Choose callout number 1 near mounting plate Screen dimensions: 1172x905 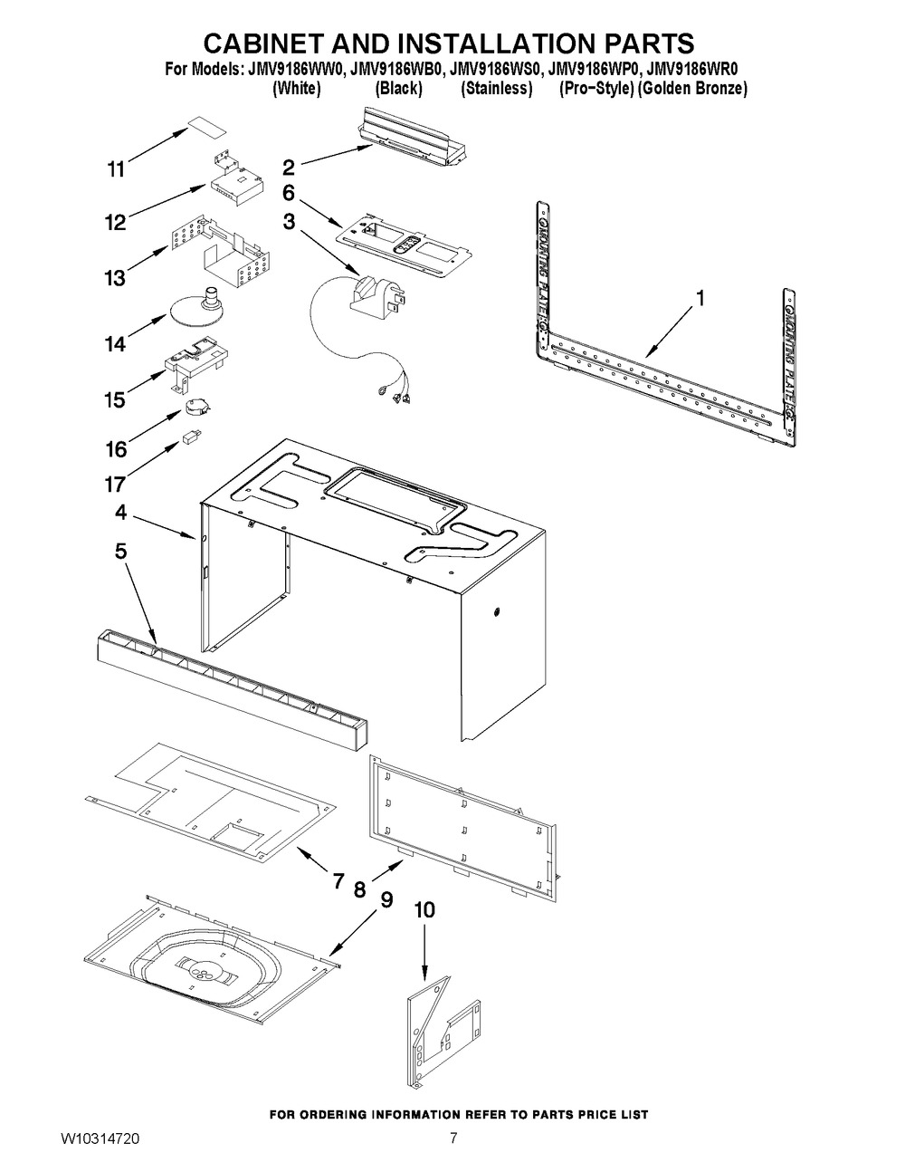[x=699, y=298]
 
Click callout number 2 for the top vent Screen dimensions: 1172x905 [x=289, y=167]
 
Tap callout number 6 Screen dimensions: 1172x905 [x=289, y=193]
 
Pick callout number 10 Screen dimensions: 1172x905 [x=424, y=910]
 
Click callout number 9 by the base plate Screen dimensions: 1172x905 [x=386, y=899]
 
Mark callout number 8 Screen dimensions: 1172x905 [x=359, y=889]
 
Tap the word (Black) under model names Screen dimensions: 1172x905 [x=398, y=89]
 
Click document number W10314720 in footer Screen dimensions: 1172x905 [x=100, y=1138]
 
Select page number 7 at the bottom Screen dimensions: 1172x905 [x=454, y=1138]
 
